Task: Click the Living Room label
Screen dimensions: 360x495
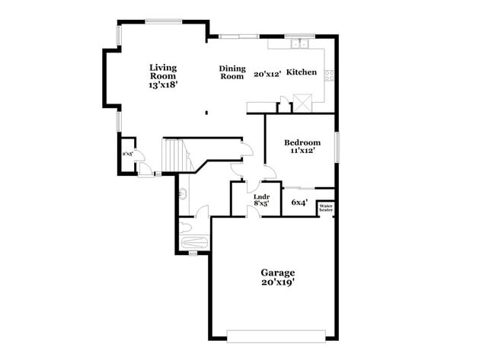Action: tap(163, 72)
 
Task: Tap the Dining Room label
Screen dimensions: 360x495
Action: tap(232, 72)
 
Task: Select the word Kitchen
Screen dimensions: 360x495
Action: tap(301, 72)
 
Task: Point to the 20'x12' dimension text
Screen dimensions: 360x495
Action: tap(268, 74)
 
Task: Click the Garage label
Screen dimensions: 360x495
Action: tap(277, 272)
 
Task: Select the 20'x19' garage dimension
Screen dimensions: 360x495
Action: tap(277, 282)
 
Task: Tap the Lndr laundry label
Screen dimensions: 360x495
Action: tap(260, 196)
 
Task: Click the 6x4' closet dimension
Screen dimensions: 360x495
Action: tap(299, 202)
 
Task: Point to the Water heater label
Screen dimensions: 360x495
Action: tap(326, 207)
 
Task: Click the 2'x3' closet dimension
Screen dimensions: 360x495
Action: tap(128, 155)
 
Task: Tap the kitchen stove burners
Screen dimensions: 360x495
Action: tap(330, 75)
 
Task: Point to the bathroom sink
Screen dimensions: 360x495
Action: tap(181, 195)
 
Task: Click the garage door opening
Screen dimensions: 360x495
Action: tap(276, 334)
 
